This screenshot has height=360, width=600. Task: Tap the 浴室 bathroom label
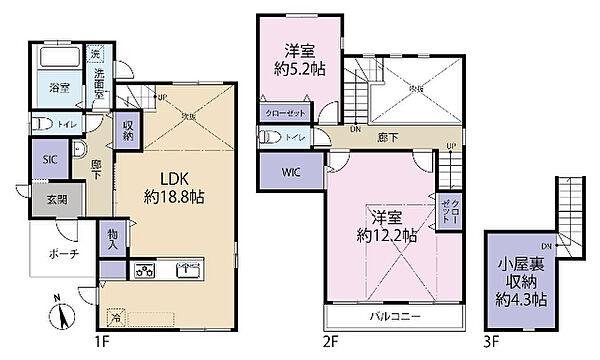point(61,87)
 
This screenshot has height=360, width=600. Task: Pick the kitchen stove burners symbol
point(142,269)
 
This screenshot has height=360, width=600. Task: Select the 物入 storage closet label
point(113,238)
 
